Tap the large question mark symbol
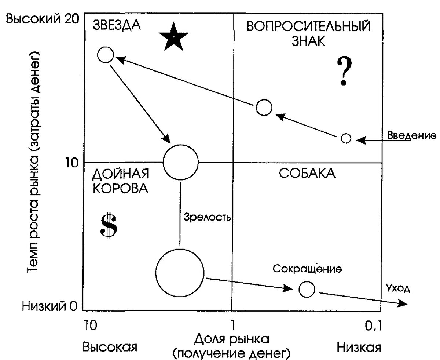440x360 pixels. pos(344,71)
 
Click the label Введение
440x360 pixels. pos(411,136)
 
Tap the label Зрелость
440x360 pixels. pos(207,217)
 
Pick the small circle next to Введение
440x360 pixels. pos(346,138)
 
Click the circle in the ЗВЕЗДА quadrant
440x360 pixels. pos(106,55)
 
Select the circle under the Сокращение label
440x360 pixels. pos(307,289)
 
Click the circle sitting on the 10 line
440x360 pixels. pos(180,162)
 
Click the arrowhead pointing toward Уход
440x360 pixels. pos(403,303)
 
